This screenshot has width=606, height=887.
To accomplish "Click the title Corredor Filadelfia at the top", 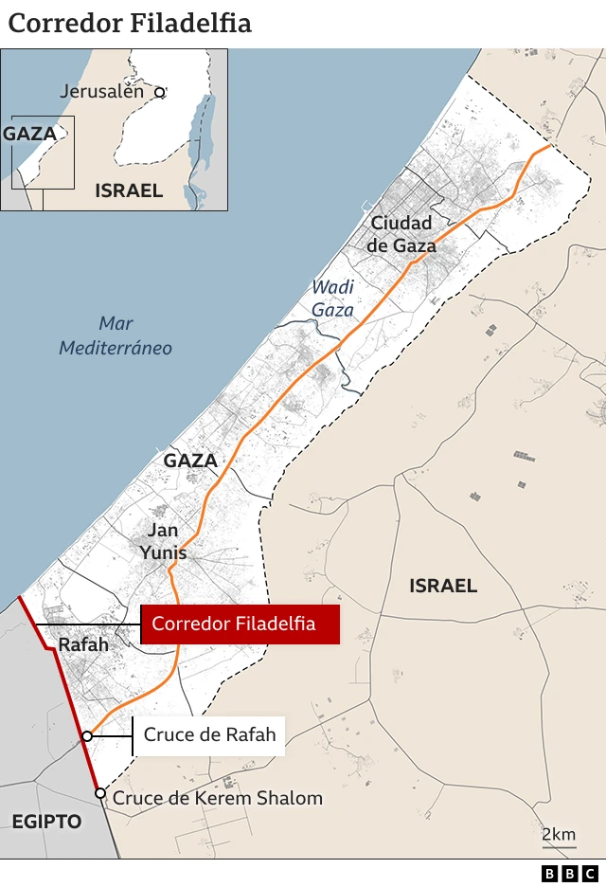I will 130,23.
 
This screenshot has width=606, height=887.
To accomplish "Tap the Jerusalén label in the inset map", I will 102,92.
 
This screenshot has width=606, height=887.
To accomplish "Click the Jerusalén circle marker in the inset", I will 160,93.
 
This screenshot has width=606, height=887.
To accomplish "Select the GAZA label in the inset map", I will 30,134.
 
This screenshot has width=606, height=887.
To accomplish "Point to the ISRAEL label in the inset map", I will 129,190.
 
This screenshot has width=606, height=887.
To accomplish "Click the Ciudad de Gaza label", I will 402,234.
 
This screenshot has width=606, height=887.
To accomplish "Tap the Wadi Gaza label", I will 332,298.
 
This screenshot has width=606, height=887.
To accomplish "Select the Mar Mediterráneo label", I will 116,335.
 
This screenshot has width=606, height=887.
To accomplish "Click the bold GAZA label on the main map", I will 190,462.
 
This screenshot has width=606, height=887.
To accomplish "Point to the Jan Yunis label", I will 163,541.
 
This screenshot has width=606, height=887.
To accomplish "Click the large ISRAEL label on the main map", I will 443,586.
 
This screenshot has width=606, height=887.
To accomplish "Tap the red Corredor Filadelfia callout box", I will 240,624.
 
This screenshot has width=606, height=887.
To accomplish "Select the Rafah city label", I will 83,644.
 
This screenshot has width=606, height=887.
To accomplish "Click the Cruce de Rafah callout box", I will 209,734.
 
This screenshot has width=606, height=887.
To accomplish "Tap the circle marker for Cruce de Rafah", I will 87,735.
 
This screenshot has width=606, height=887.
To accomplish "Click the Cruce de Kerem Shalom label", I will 218,798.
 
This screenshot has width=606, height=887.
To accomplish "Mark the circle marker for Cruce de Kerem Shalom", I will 99,793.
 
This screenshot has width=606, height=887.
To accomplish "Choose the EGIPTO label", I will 47,821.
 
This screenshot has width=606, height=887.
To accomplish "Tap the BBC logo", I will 570,873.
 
